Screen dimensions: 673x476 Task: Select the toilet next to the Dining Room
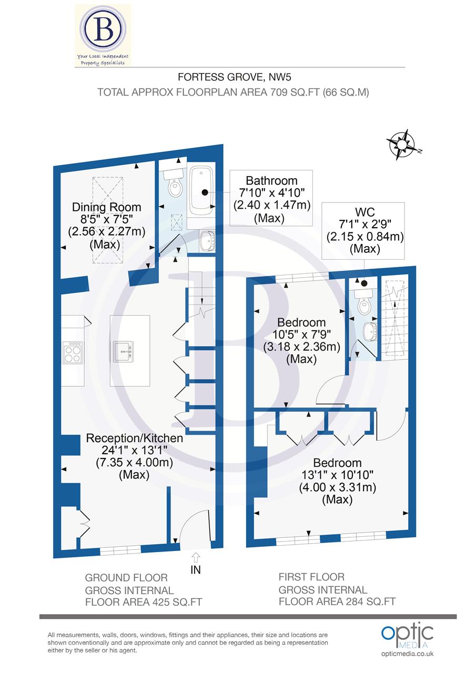click(x=173, y=183)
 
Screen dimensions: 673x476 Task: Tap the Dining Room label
click(x=107, y=207)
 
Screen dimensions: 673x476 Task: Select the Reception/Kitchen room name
click(x=135, y=438)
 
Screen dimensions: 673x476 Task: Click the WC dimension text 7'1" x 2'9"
click(x=365, y=225)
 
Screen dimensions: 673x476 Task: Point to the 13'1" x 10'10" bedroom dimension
click(x=337, y=475)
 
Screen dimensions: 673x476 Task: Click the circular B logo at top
click(x=104, y=30)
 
